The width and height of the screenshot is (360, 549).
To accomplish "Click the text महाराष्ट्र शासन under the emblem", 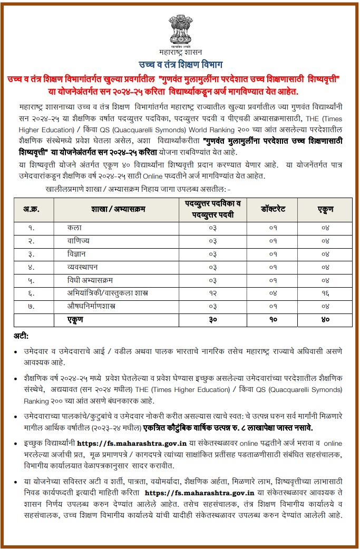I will click(179, 52).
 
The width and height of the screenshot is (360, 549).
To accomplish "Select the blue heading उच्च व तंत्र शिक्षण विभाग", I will click(180, 65).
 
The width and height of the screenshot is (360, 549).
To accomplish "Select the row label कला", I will click(74, 228).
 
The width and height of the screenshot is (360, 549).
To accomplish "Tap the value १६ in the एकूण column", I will click(325, 292).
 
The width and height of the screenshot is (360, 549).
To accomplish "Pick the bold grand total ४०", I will click(325, 319).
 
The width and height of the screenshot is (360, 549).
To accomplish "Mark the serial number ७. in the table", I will click(32, 306).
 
